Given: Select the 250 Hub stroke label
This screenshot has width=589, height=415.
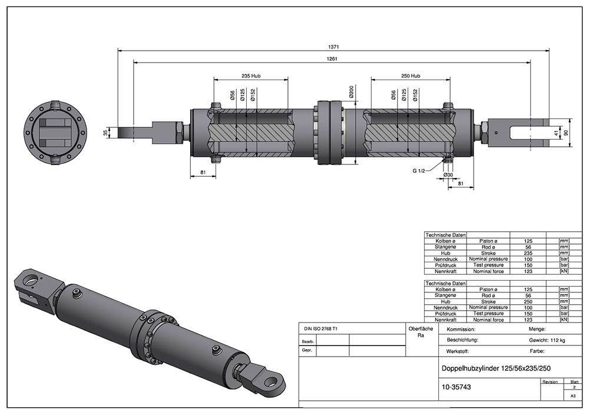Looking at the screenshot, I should click(410, 76).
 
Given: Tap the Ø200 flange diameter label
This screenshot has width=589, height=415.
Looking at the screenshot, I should click(352, 93).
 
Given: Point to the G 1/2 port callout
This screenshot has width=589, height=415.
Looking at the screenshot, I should click(420, 170).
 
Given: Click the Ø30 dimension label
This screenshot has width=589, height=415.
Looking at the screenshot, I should click(449, 175).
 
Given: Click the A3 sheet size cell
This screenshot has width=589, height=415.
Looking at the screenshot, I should click(573, 397).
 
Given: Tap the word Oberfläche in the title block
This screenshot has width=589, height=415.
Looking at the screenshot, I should click(421, 328).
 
